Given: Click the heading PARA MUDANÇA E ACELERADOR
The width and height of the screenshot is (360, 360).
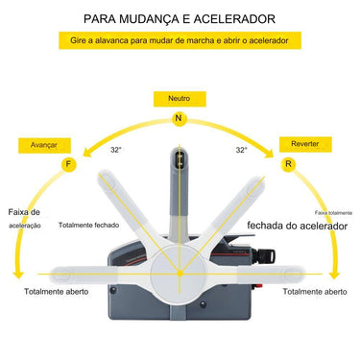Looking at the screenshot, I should (x=180, y=17).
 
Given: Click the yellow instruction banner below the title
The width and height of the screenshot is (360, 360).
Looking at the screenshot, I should (x=180, y=42).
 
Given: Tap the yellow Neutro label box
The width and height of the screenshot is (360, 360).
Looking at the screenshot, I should (x=178, y=99).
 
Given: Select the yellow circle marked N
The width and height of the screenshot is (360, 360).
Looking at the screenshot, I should (x=178, y=118).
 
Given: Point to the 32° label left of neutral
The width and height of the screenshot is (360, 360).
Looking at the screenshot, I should (x=115, y=151).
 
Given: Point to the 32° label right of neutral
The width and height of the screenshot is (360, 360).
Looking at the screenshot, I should (x=242, y=151).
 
